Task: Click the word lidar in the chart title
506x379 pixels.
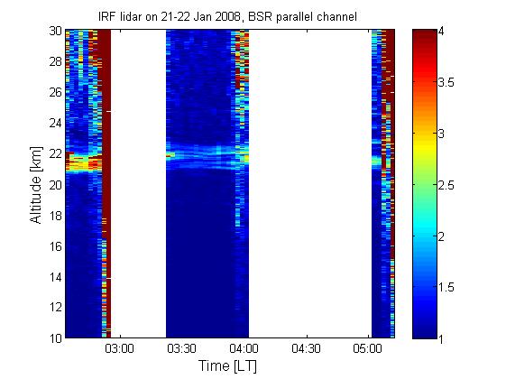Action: [x=129, y=16]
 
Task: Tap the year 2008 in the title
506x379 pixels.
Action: [x=227, y=16]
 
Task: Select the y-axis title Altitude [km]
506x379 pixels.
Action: [x=36, y=185]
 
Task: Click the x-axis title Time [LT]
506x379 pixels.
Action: [x=228, y=366]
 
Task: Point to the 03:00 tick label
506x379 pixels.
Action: [x=119, y=349]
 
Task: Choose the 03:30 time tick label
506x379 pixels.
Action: [x=181, y=349]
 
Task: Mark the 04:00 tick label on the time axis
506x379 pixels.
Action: [x=244, y=349]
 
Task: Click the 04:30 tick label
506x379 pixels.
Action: [x=306, y=349]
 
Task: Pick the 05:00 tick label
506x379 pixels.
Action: [x=368, y=349]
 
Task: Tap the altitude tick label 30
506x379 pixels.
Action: [x=56, y=31]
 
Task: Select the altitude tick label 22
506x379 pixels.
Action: [x=56, y=154]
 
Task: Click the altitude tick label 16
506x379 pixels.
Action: [x=56, y=246]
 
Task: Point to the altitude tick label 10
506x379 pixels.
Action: [x=56, y=338]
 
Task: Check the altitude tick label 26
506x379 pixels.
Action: [x=56, y=92]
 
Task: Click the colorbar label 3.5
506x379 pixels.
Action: [x=446, y=82]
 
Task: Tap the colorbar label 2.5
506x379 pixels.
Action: [x=446, y=185]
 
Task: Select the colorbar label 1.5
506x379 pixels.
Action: [x=446, y=287]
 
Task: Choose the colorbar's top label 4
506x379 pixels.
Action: [x=441, y=32]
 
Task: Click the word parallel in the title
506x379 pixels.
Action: [x=293, y=16]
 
